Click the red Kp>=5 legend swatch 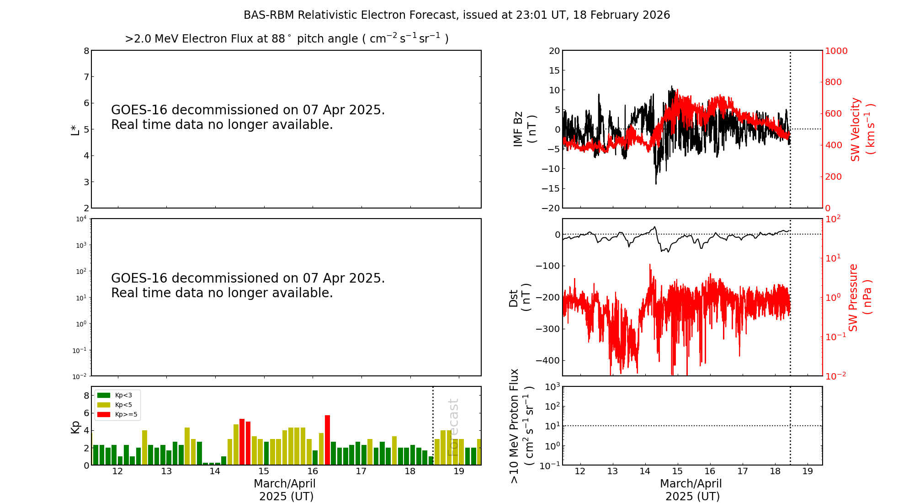tap(104, 415)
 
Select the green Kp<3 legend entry tap(104, 395)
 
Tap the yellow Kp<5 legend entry tap(104, 405)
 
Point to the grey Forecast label tap(453, 427)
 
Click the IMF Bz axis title tap(525, 129)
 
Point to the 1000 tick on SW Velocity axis tap(836, 51)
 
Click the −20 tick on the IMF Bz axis tap(551, 208)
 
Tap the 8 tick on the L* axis tap(86, 51)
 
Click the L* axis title tap(75, 129)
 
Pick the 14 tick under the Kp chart tap(215, 471)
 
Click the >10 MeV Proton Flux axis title tap(521, 426)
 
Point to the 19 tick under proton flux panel tap(808, 471)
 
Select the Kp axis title tap(75, 426)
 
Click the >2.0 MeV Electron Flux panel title tap(287, 39)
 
